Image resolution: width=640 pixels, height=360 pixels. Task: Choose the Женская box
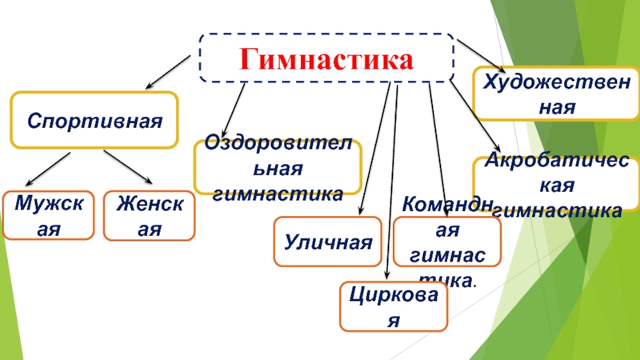[149, 216]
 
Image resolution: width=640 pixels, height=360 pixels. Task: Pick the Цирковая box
[393, 306]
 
